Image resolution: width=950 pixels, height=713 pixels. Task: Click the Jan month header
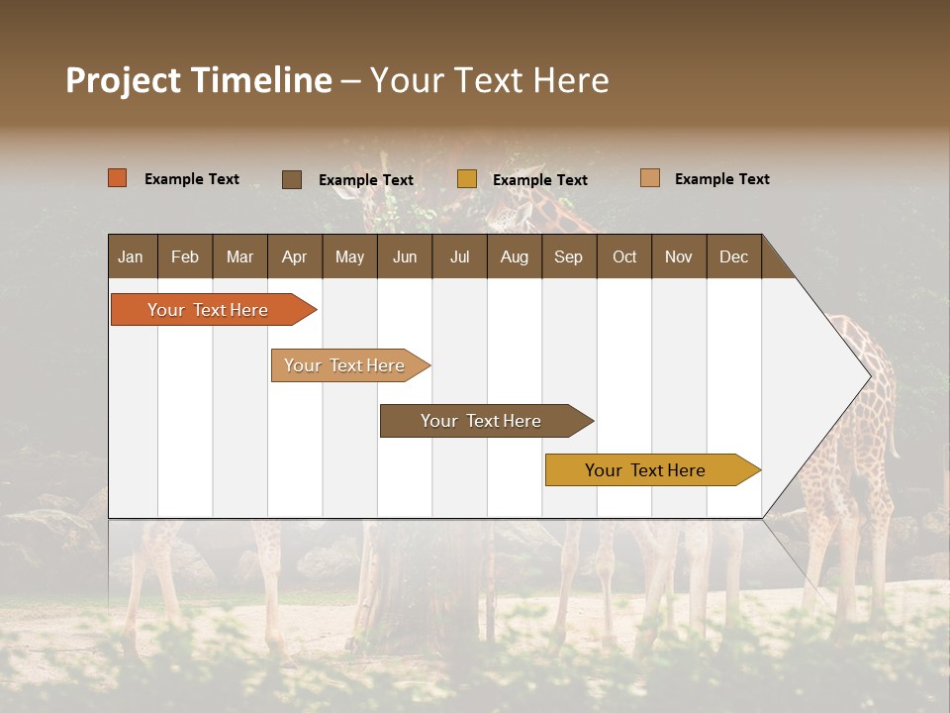(131, 256)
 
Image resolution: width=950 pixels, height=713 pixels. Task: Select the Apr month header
(294, 256)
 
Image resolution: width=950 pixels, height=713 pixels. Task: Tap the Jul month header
(459, 256)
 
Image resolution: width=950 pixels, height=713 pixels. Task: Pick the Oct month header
(624, 256)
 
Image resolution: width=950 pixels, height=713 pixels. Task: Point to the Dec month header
(733, 256)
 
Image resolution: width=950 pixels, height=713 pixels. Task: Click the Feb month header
(185, 256)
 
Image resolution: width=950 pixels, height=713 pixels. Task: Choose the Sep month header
(568, 256)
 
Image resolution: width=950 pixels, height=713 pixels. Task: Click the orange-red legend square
(118, 178)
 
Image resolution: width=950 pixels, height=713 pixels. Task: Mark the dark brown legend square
(292, 179)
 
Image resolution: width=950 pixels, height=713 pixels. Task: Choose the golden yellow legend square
(467, 179)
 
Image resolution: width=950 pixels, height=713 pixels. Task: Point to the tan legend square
(650, 178)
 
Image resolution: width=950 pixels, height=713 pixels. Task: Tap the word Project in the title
(121, 80)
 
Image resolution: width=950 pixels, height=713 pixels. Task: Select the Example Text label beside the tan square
(721, 179)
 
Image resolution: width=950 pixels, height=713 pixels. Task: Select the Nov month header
(678, 256)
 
